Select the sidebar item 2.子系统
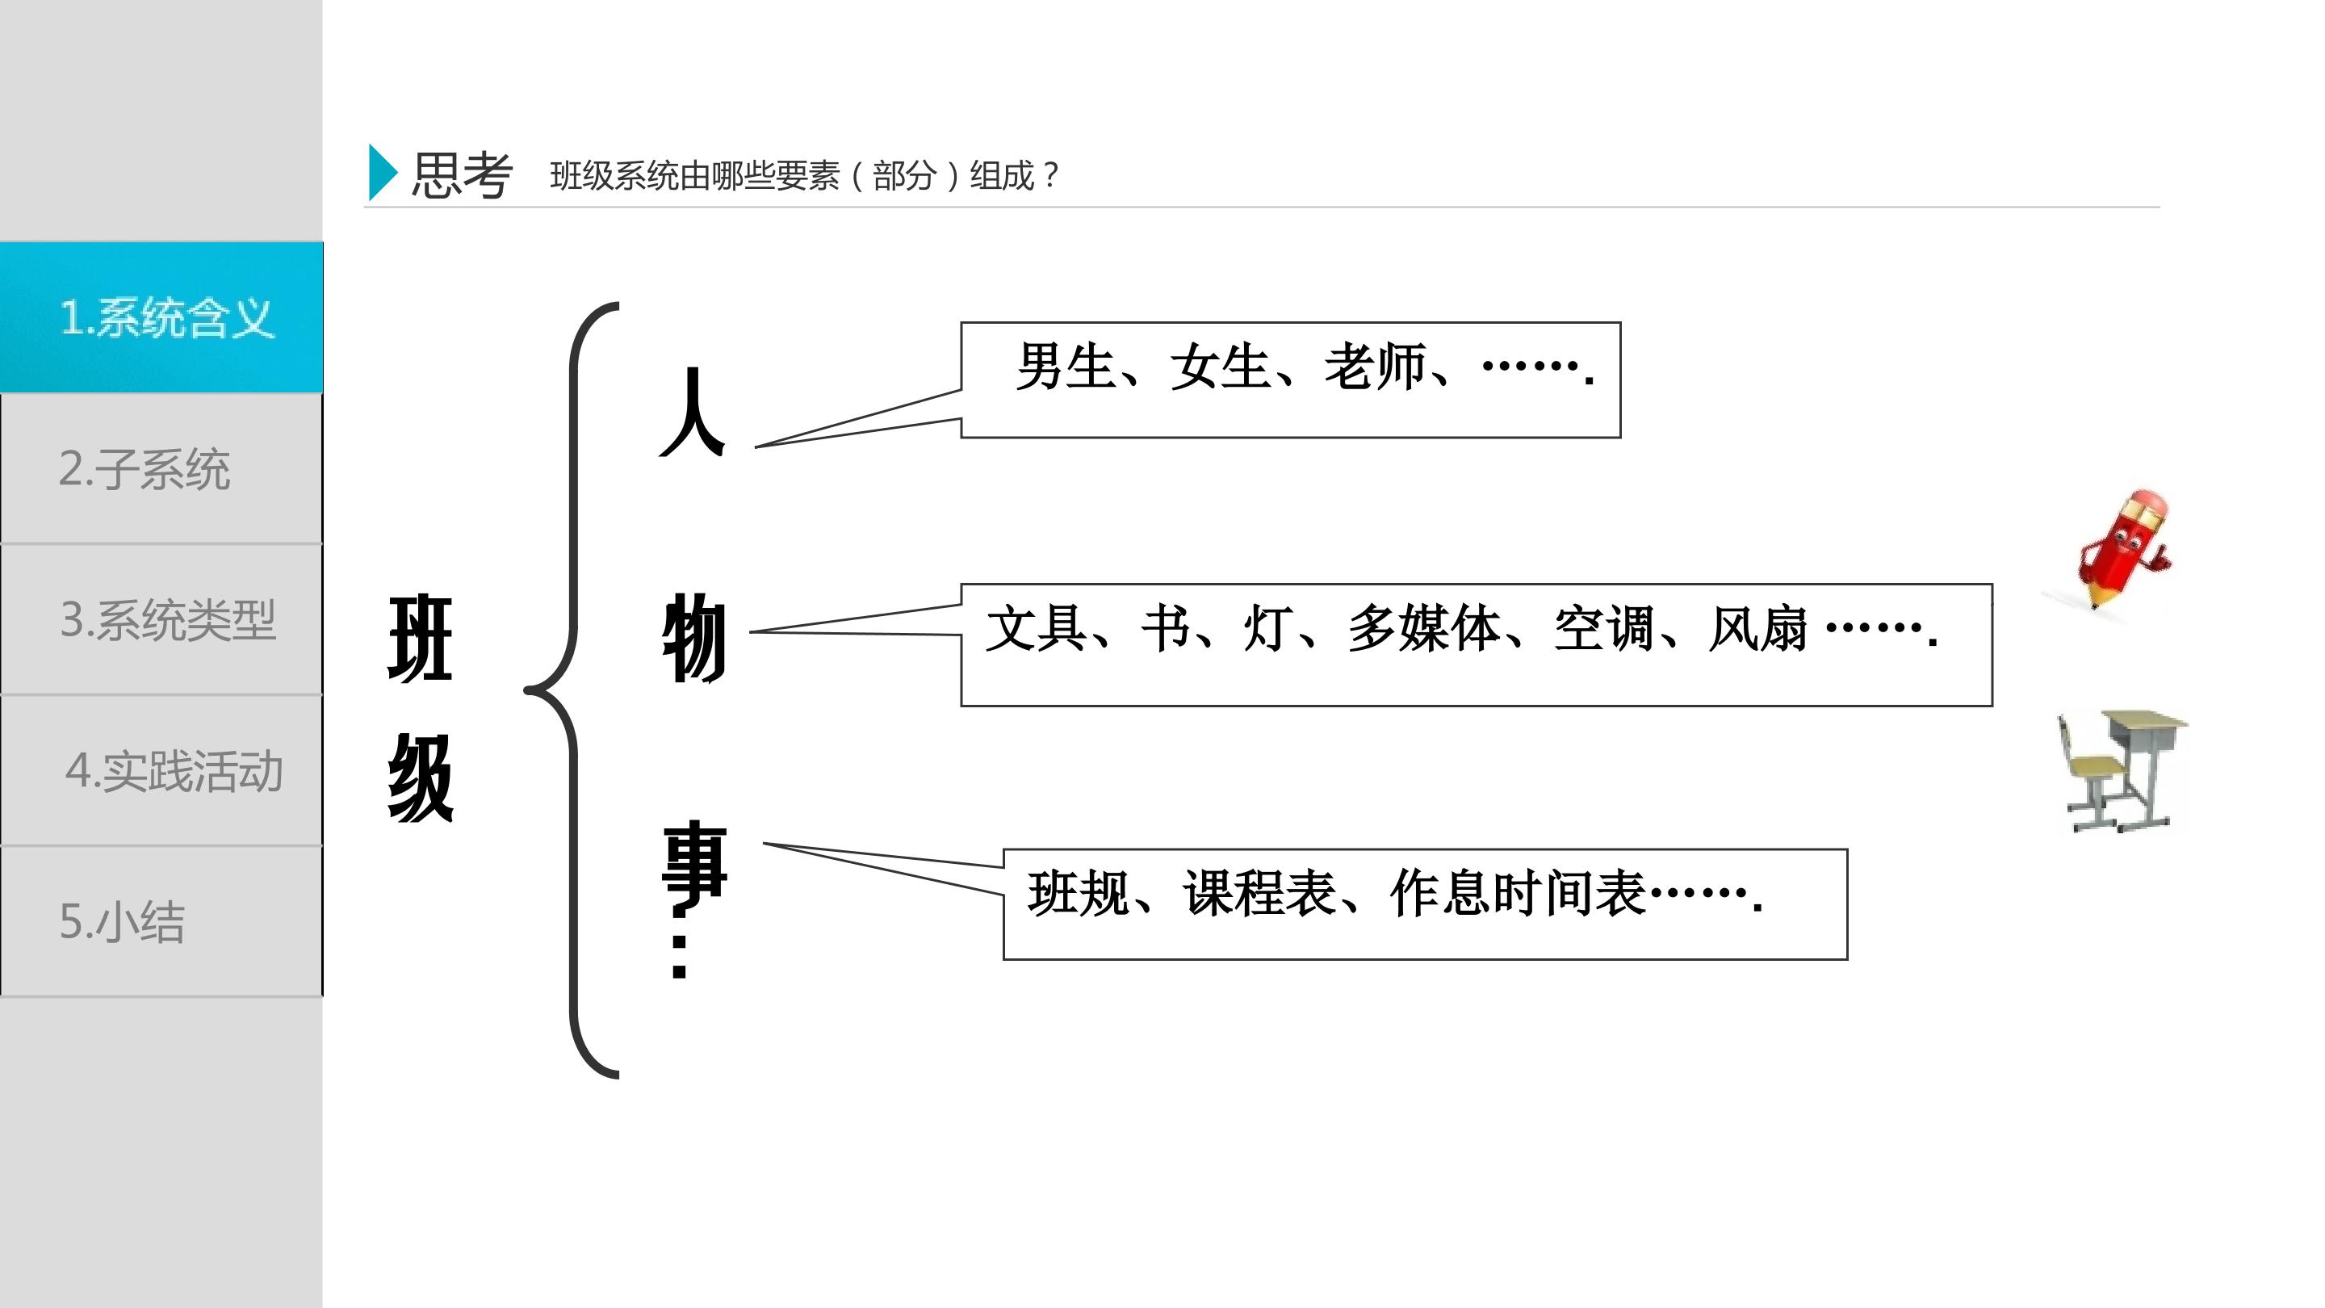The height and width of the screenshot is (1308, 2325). coord(161,469)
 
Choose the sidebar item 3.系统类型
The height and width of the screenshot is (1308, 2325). coord(161,620)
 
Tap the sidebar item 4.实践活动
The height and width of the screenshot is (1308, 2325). coord(161,771)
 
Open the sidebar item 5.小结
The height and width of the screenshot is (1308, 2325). coord(161,921)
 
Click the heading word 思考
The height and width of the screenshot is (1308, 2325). coord(462,174)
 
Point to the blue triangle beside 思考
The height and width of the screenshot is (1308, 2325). coord(383,173)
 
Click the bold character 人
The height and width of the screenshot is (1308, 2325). coord(693,412)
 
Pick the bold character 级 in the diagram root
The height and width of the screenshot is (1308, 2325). coord(421,778)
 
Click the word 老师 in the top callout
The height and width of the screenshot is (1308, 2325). coord(1375,367)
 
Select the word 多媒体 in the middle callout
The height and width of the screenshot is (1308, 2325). coord(1424,628)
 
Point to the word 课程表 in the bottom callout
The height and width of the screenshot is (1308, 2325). coord(1260,893)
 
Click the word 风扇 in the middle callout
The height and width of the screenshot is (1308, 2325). coord(1758,628)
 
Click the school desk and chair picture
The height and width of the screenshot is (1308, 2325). coord(2122,770)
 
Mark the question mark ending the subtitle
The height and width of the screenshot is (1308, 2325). coord(1049,174)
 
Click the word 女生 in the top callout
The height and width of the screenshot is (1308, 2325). coord(1221,367)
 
